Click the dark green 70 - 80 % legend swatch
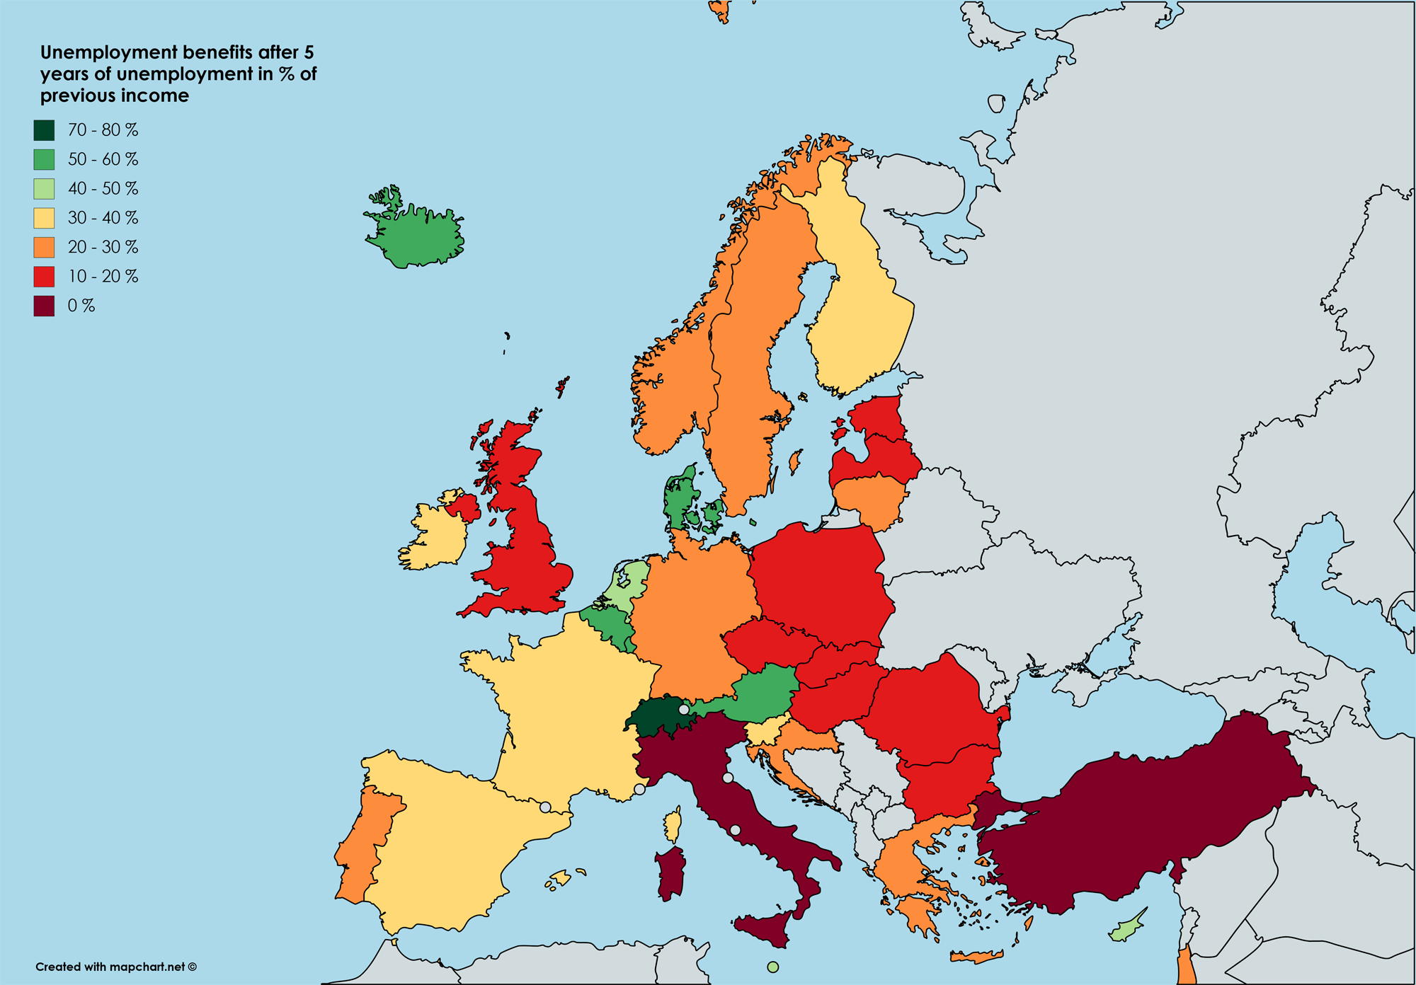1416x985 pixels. (x=44, y=130)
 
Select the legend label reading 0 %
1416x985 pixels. (x=81, y=306)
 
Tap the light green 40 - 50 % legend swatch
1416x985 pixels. (x=44, y=189)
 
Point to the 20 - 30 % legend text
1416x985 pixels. (x=103, y=247)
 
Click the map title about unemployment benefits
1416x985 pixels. (x=177, y=74)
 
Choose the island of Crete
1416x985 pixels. (x=977, y=957)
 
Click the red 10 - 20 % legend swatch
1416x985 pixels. (x=44, y=277)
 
